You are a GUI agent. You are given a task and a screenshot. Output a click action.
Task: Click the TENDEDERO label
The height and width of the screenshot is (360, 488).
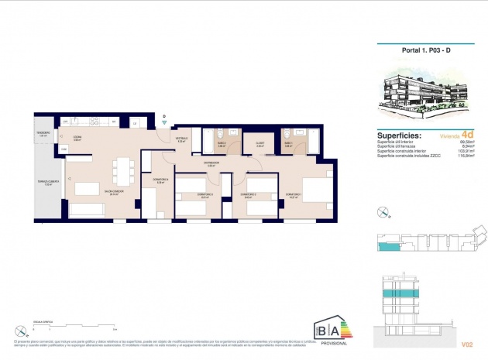click(x=43, y=133)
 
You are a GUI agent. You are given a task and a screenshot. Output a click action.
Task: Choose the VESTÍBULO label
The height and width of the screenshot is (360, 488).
click(x=181, y=140)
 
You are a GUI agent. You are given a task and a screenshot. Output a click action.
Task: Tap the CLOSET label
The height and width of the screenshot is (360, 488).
click(x=260, y=144)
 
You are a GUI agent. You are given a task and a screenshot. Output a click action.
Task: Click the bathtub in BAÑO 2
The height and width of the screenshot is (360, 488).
click(x=208, y=140)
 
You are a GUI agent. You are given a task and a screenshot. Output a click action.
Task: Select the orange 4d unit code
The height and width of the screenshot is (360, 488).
click(x=465, y=134)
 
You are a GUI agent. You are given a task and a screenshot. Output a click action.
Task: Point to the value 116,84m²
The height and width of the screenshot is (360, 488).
click(x=466, y=156)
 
